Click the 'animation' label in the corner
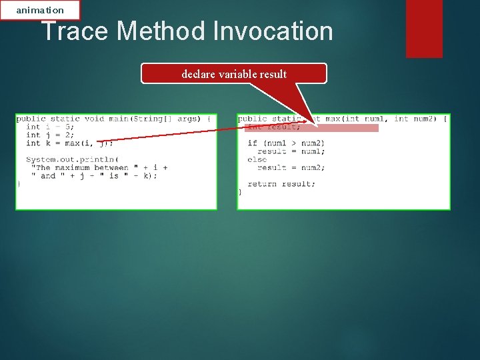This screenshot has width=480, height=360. click(40, 10)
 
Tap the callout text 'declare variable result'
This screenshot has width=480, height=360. click(234, 74)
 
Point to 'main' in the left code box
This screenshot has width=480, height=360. click(120, 119)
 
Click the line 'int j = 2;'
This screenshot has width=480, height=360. click(50, 135)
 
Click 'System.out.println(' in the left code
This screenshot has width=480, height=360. click(72, 159)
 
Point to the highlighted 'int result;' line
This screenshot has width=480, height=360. click(274, 127)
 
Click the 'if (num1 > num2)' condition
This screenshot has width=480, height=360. click(286, 143)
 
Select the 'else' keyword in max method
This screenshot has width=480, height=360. click(257, 159)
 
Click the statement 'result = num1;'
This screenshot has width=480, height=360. click(291, 151)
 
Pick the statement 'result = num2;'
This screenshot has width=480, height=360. click(291, 167)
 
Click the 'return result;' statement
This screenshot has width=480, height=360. click(281, 183)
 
